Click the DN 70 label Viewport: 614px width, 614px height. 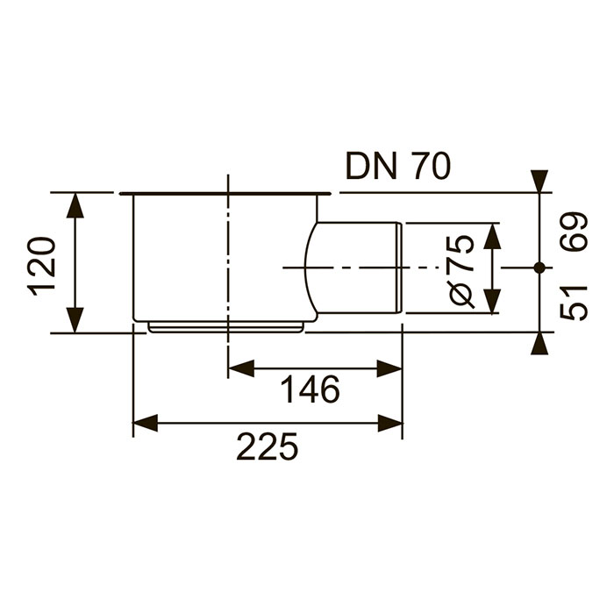point(398,166)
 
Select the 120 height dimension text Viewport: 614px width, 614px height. point(41,266)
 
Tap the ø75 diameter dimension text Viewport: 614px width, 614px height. point(461,271)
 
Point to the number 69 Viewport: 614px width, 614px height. point(574,232)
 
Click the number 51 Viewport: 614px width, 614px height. point(574,303)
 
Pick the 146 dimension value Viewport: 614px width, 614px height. point(311,389)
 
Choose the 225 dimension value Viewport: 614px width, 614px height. point(268,446)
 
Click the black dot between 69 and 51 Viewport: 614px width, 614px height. point(539,268)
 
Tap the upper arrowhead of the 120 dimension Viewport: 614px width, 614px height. point(75,205)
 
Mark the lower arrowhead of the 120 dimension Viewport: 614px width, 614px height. point(75,320)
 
